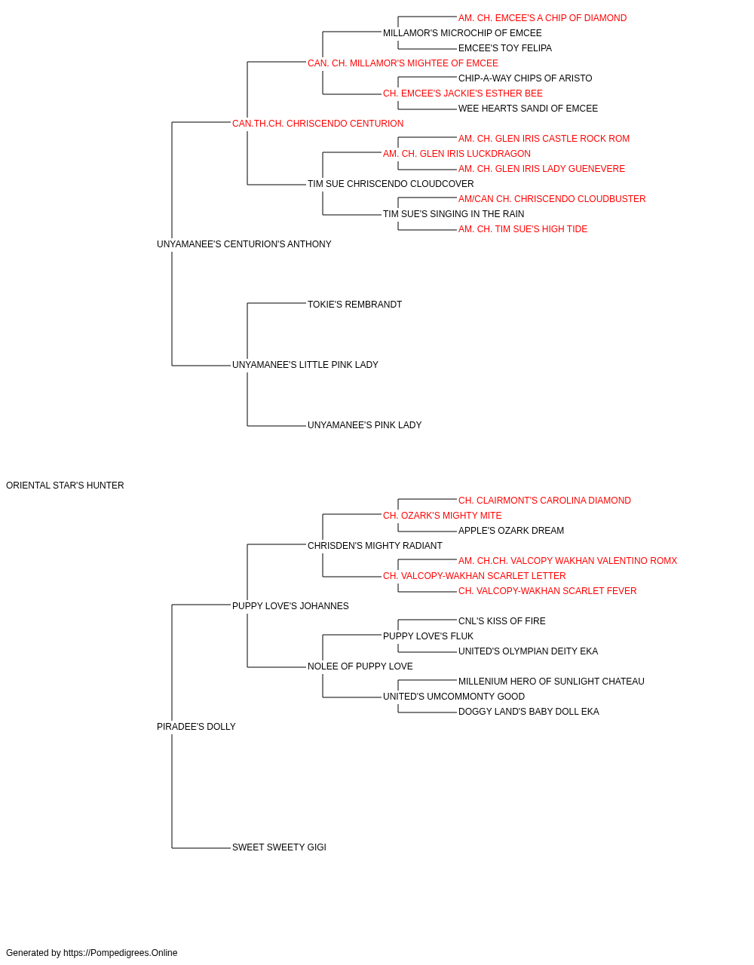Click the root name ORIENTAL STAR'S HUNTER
pyautogui.click(x=65, y=486)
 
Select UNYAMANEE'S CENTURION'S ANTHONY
pyautogui.click(x=244, y=244)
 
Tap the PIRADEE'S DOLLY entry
pyautogui.click(x=196, y=727)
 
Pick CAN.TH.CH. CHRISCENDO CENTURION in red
pyautogui.click(x=317, y=124)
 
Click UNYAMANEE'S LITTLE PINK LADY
pyautogui.click(x=305, y=365)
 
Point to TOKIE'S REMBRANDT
pyautogui.click(x=354, y=304)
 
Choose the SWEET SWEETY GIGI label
pyautogui.click(x=279, y=847)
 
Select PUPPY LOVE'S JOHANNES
pyautogui.click(x=290, y=605)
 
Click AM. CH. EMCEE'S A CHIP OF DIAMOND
pyautogui.click(x=542, y=18)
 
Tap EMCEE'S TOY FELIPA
pyautogui.click(x=505, y=48)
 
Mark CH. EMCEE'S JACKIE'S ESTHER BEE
pyautogui.click(x=463, y=93)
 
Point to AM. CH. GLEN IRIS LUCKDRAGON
pyautogui.click(x=456, y=154)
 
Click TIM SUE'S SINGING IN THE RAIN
pyautogui.click(x=453, y=214)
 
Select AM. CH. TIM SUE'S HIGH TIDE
pyautogui.click(x=523, y=229)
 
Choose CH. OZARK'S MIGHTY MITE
pyautogui.click(x=443, y=516)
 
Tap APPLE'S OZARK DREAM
pyautogui.click(x=511, y=531)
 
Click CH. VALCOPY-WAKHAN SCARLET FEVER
pyautogui.click(x=547, y=590)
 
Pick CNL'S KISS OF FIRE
pyautogui.click(x=501, y=620)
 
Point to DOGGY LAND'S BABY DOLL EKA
pyautogui.click(x=529, y=712)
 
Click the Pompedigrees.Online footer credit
pyautogui.click(x=91, y=953)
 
